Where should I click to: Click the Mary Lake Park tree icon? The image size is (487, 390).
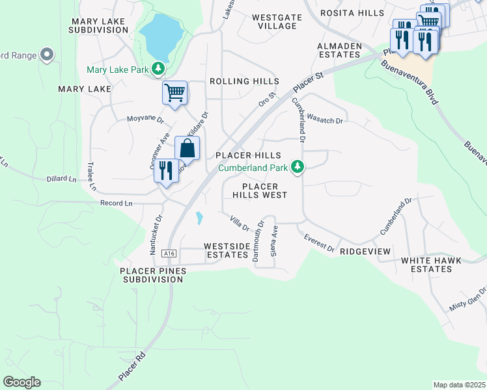(158, 69)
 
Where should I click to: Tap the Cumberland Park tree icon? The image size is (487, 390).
(298, 168)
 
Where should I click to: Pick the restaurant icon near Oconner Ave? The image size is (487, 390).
(167, 172)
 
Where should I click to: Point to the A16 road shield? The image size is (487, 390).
(169, 253)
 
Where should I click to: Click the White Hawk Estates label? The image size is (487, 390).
(431, 265)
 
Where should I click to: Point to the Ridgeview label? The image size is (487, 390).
(365, 251)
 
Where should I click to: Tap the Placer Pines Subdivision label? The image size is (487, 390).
(152, 274)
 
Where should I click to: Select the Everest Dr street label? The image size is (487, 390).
(319, 244)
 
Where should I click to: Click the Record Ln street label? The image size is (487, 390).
(117, 203)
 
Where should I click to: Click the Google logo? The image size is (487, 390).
(21, 382)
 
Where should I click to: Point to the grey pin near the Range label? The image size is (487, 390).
(47, 55)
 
